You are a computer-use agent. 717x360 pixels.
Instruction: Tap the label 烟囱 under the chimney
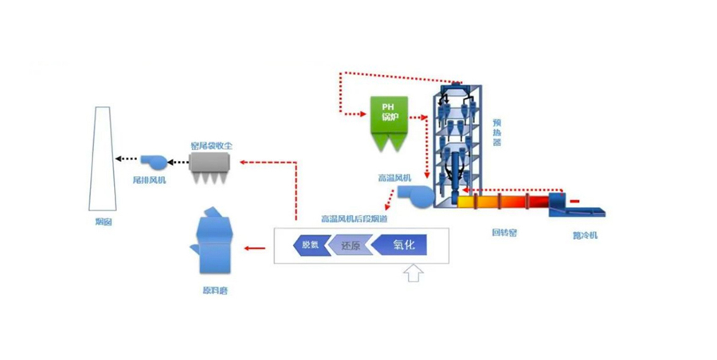(x=103, y=222)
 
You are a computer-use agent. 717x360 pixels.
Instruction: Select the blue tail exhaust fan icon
(x=152, y=162)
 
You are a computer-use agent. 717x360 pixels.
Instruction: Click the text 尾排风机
(x=149, y=181)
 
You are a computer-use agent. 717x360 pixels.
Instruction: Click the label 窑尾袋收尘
(x=211, y=146)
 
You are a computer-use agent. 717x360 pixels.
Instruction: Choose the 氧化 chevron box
(x=401, y=245)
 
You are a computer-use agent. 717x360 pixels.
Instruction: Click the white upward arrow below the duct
(x=413, y=274)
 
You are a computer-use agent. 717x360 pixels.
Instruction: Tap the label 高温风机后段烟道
(x=354, y=218)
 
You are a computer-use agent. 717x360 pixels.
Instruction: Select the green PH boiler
(x=390, y=122)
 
